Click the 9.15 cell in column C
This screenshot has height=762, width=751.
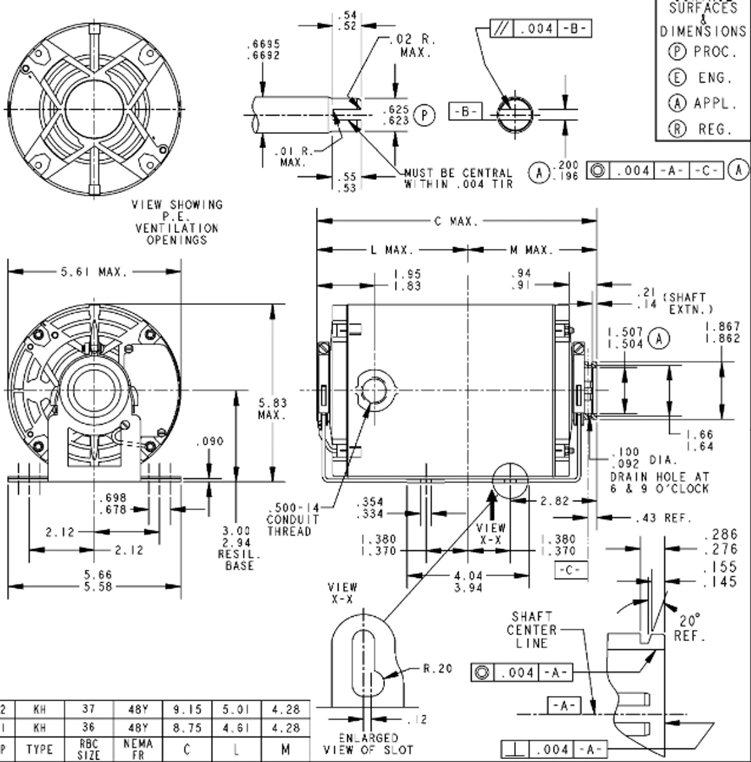(x=187, y=710)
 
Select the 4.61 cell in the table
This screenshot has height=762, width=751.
(x=236, y=727)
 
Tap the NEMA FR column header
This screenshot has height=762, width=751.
(x=138, y=749)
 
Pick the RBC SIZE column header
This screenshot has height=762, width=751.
(x=89, y=749)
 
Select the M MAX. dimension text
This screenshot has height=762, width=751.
(x=531, y=250)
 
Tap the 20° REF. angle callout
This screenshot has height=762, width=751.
(x=689, y=628)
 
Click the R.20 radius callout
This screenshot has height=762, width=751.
(x=438, y=669)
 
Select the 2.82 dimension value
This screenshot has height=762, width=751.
(x=555, y=501)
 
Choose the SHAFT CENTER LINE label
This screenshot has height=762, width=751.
(x=531, y=630)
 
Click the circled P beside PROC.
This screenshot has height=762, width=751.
(x=677, y=52)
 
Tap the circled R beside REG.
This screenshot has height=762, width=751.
(x=677, y=129)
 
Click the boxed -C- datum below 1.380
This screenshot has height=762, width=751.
(x=569, y=570)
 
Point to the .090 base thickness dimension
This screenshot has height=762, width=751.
(x=209, y=441)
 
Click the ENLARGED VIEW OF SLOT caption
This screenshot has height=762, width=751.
(x=368, y=744)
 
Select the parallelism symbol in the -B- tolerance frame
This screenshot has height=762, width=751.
(x=501, y=28)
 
